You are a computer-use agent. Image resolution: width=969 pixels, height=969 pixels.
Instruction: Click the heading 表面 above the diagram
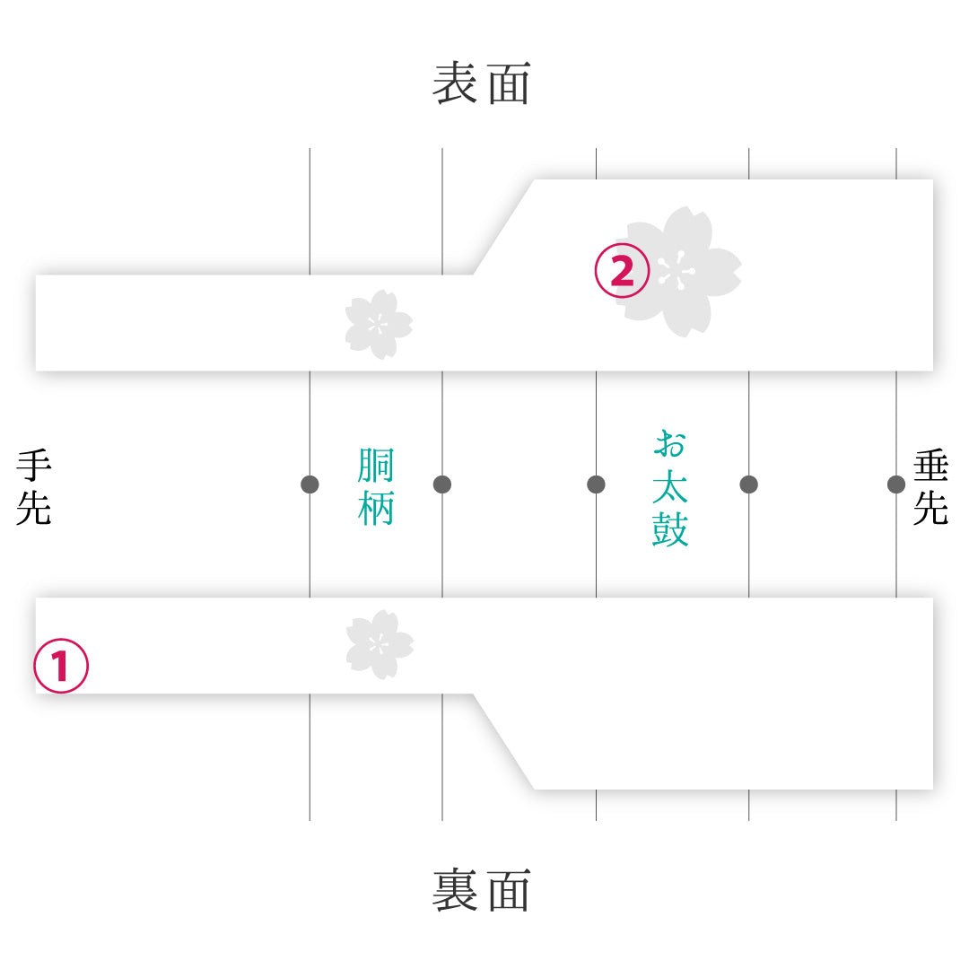[482, 83]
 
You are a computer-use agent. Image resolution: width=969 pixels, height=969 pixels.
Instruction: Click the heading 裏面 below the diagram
[482, 890]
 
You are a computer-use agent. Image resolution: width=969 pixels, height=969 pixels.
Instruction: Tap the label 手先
[34, 487]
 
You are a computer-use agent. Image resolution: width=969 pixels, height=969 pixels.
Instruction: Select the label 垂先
[930, 487]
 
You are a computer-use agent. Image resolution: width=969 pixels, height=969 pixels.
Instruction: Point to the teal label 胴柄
[376, 487]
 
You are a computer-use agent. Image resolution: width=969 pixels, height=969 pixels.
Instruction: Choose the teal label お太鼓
[670, 487]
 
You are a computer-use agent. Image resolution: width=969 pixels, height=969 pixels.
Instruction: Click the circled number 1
[61, 666]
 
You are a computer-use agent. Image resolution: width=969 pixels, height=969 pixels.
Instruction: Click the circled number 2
[622, 271]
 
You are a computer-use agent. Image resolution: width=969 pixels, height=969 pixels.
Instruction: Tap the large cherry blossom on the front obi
[680, 272]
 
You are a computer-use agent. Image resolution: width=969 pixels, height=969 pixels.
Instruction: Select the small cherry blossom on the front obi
[379, 325]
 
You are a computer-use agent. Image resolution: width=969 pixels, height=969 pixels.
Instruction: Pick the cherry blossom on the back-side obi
[379, 644]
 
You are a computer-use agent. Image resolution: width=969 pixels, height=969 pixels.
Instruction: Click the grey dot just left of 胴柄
[310, 484]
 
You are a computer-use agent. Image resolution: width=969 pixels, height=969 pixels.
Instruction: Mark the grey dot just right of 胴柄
[442, 484]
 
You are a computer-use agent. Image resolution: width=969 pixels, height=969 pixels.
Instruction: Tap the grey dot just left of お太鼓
[597, 484]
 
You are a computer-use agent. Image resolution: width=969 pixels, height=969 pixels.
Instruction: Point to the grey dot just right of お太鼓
[749, 484]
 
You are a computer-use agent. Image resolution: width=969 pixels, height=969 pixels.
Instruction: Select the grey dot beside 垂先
[896, 484]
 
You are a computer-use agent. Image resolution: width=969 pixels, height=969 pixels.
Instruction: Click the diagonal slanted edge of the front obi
[503, 227]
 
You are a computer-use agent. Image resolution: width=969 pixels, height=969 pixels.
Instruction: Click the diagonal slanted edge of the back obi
[503, 742]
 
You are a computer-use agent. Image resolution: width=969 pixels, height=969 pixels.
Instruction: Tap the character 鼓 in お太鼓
[670, 529]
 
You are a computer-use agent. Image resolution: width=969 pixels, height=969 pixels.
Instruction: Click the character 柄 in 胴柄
[376, 508]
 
